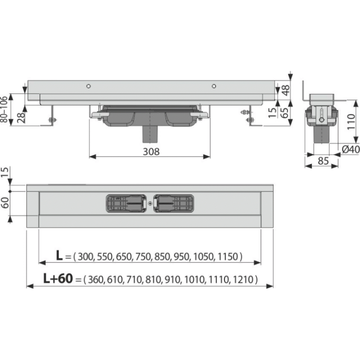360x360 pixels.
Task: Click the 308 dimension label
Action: pyautogui.click(x=151, y=152)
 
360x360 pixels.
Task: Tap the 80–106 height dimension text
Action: pyautogui.click(x=4, y=109)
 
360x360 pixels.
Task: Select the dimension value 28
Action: pyautogui.click(x=21, y=118)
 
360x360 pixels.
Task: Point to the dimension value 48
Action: pyautogui.click(x=285, y=90)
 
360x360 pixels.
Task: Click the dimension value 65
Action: pyautogui.click(x=284, y=113)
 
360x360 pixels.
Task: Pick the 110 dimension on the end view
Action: pyautogui.click(x=351, y=121)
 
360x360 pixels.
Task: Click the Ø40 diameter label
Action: pyautogui.click(x=350, y=149)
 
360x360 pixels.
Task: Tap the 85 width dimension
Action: pyautogui.click(x=323, y=161)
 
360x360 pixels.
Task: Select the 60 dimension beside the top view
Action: pyautogui.click(x=5, y=202)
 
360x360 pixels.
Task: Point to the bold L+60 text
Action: pyautogui.click(x=58, y=278)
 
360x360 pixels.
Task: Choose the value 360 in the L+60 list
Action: pyautogui.click(x=95, y=279)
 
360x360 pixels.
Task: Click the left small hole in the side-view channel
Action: pyautogui.click(x=88, y=86)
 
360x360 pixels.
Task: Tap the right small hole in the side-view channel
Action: pyautogui.click(x=214, y=86)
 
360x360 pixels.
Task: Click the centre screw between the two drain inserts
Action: pyautogui.click(x=150, y=203)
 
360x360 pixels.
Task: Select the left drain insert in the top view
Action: pyautogui.click(x=126, y=203)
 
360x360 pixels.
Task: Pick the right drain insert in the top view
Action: pyautogui.click(x=174, y=203)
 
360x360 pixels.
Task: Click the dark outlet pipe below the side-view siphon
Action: pyautogui.click(x=149, y=134)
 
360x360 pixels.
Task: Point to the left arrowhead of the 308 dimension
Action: pyautogui.click(x=92, y=156)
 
